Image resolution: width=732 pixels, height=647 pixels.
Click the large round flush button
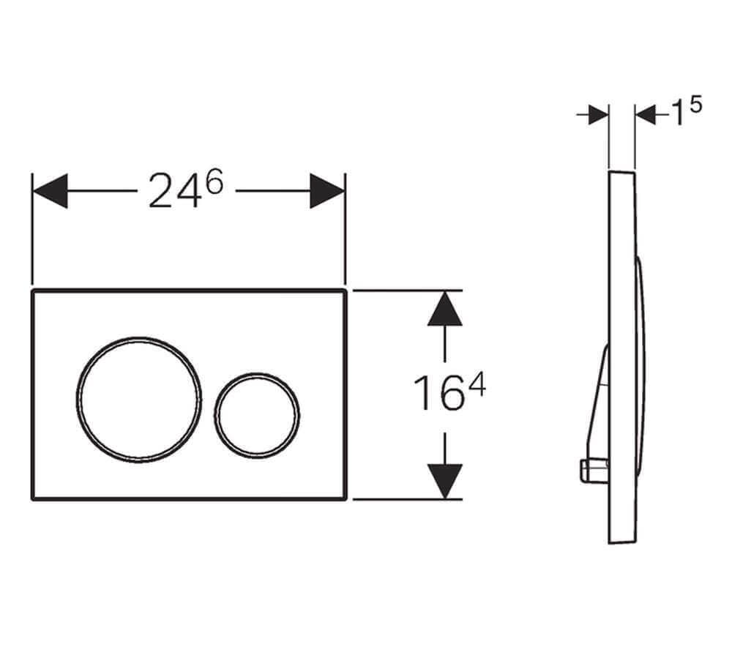click(139, 339)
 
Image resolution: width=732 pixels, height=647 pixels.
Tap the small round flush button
click(257, 375)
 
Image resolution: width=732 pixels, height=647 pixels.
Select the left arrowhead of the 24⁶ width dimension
click(51, 191)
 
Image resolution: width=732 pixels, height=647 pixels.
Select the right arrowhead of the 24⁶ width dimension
click(327, 191)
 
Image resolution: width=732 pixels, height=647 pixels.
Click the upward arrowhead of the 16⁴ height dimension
click(445, 308)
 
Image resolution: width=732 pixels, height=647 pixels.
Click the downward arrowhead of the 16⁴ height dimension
click(445, 482)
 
